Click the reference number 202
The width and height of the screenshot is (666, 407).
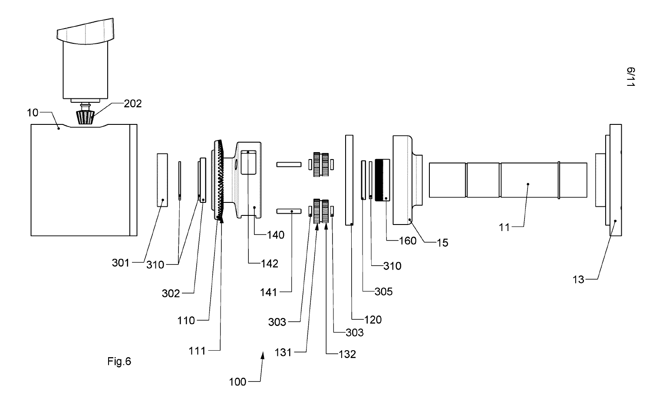coord(133,104)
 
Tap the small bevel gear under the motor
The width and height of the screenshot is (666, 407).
coord(85,117)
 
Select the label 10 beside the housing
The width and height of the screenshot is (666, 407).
coord(33,113)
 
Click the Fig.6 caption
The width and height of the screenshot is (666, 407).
coord(119,361)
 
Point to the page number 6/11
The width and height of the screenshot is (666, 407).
coord(630,78)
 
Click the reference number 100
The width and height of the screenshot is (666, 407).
coord(237,382)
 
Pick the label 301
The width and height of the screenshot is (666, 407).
coord(121,262)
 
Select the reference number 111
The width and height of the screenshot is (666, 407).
coord(197,351)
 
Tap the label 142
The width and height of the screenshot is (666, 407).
coord(269,263)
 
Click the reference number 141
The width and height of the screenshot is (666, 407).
coord(269,293)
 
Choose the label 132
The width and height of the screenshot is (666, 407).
coord(347,354)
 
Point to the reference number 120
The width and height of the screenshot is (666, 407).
coord(373,320)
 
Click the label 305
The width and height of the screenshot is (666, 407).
coord(384,291)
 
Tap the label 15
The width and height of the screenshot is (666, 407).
coord(442,243)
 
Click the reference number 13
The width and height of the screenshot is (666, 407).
coord(579,280)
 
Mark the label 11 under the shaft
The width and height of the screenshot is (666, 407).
coord(504,227)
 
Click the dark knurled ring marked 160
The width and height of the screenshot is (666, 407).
coord(382,179)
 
